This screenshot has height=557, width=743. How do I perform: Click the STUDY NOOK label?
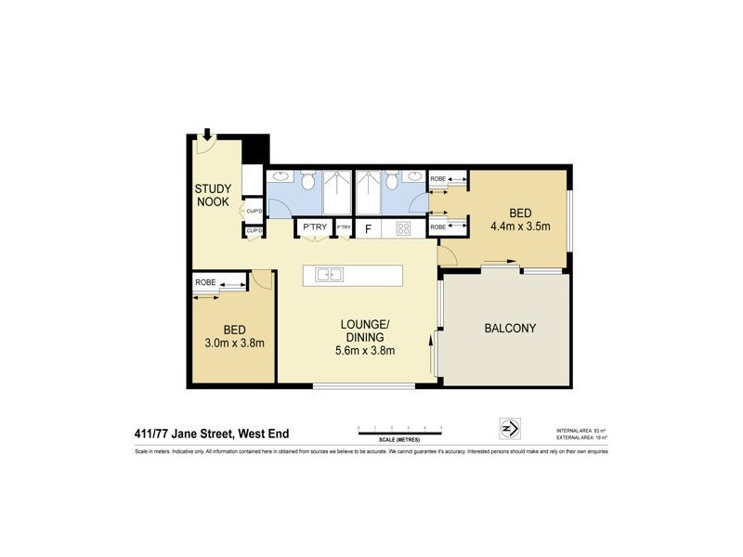(x=212, y=195)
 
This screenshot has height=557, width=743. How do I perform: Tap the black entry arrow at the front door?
(x=207, y=136)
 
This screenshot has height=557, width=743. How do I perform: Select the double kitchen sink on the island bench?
(x=329, y=275)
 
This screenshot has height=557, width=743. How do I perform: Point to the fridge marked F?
(x=368, y=228)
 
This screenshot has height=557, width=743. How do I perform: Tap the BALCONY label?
(x=510, y=329)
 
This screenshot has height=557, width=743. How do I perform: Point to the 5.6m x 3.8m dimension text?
(x=365, y=350)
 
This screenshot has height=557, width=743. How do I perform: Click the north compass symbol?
(x=510, y=428)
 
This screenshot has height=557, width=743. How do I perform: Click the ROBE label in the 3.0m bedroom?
(x=205, y=282)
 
